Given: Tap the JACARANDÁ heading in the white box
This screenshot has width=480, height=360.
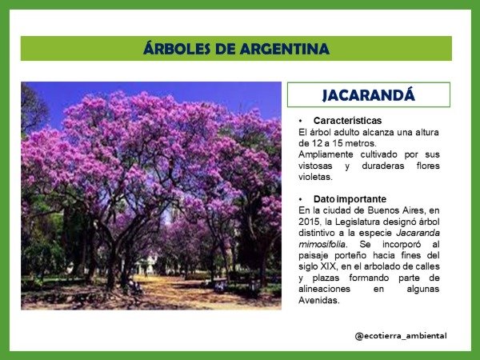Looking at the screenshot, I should [x=368, y=95].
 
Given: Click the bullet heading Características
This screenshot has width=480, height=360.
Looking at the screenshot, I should [x=347, y=120].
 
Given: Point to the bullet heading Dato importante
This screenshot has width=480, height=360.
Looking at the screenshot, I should [x=349, y=198].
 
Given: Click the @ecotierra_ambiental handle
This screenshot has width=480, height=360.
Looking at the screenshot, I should [x=400, y=335].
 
